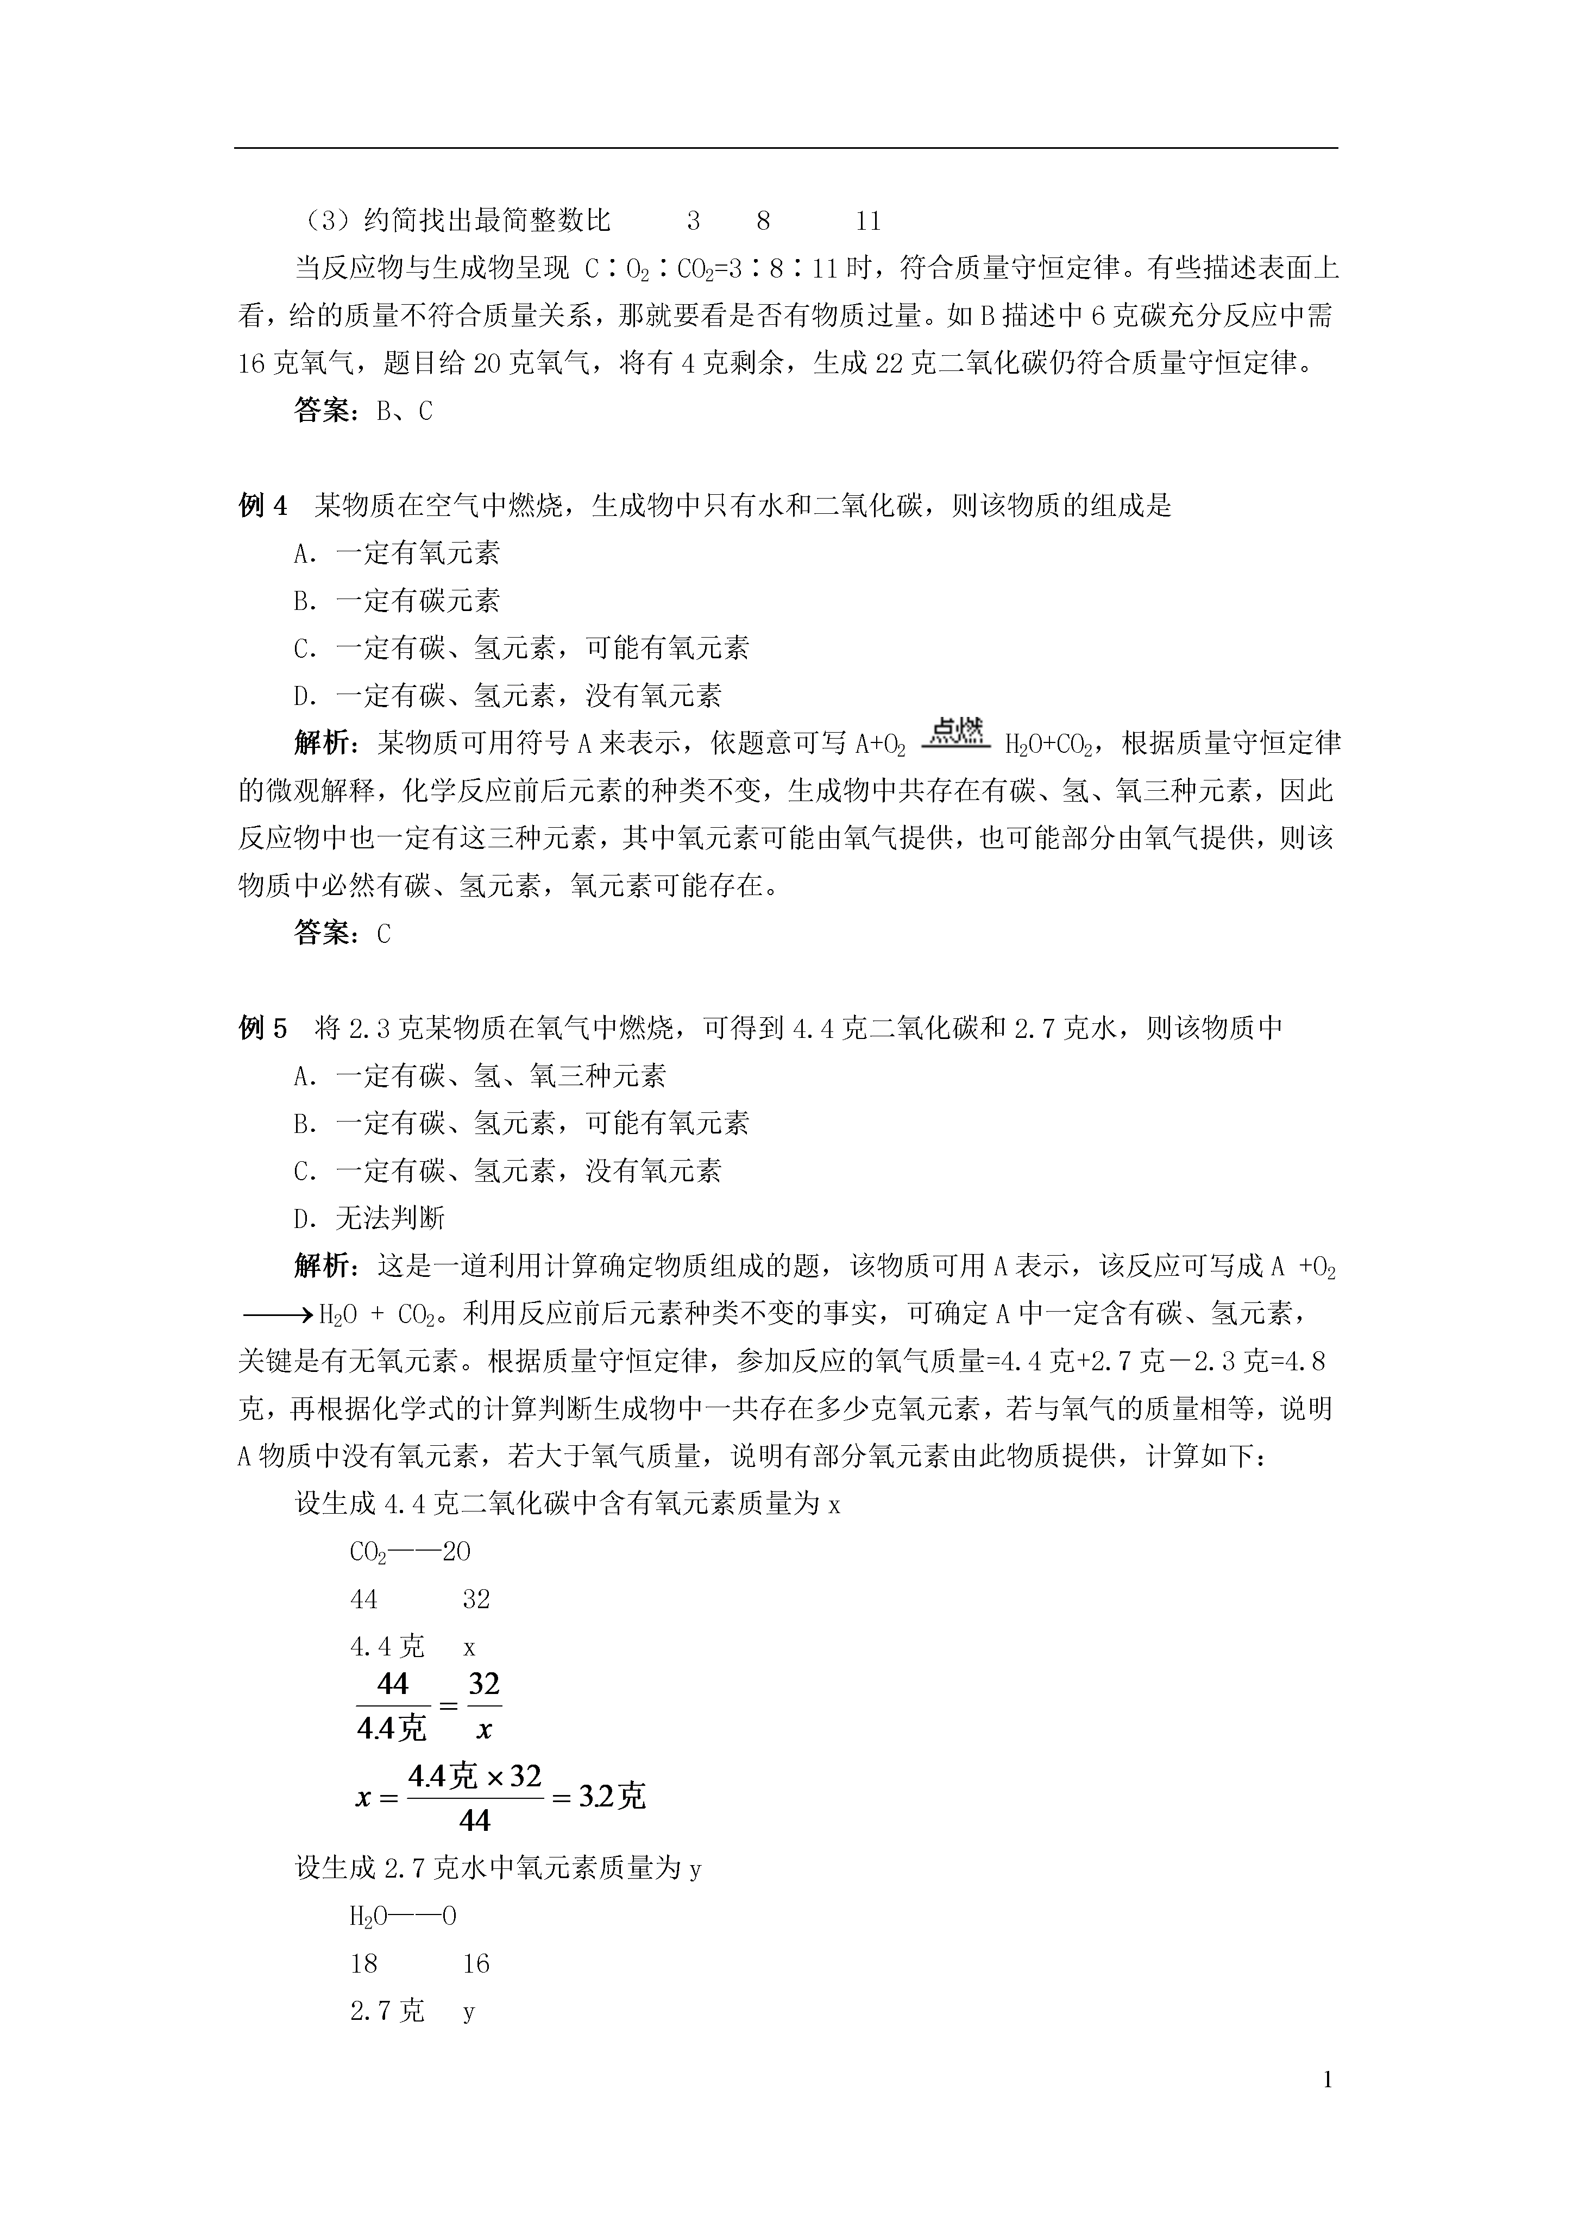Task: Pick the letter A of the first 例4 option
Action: pos(302,554)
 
